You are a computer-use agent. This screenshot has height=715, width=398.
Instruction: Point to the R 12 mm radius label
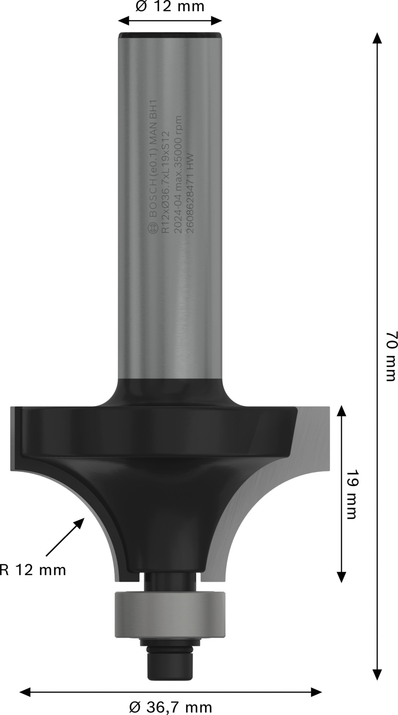(33, 569)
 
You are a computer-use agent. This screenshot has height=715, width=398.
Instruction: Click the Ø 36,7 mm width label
(170, 707)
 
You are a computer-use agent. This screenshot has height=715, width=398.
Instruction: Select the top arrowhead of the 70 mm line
(375, 38)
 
